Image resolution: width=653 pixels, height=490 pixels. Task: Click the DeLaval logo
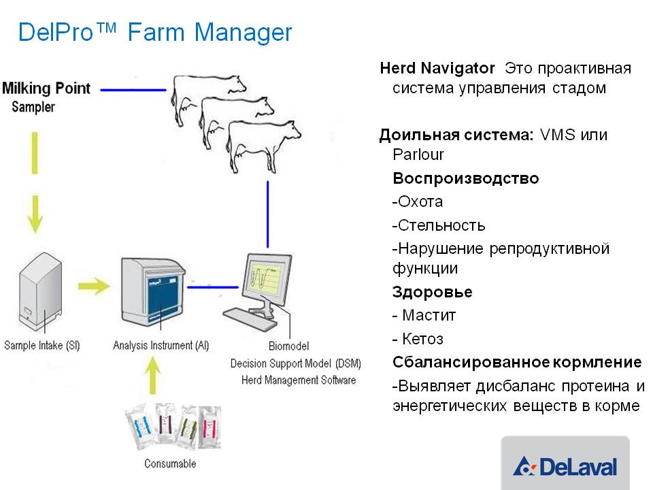tap(565, 465)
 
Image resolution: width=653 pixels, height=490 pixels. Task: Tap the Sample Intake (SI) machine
tap(40, 291)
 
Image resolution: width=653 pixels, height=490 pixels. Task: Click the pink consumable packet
tap(209, 427)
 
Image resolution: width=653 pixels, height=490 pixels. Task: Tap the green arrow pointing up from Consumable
tap(153, 376)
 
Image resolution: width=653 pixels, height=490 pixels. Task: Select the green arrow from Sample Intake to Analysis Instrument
tap(94, 286)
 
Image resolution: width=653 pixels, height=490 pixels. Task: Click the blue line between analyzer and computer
tap(213, 287)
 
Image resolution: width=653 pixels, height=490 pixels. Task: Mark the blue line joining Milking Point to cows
tap(133, 90)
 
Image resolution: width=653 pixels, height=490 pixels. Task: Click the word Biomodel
tap(288, 346)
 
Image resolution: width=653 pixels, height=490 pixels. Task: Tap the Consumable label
tap(170, 463)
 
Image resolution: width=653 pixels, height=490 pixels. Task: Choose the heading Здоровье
tap(433, 292)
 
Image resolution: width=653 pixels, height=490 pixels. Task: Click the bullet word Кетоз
tap(422, 339)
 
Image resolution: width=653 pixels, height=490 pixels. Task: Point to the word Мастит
tap(429, 315)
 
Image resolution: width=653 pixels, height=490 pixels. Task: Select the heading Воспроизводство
tap(465, 178)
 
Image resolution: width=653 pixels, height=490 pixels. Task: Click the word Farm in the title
tap(156, 32)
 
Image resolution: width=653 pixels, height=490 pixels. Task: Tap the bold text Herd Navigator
tap(437, 68)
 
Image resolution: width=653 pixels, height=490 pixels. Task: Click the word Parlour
tap(418, 154)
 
